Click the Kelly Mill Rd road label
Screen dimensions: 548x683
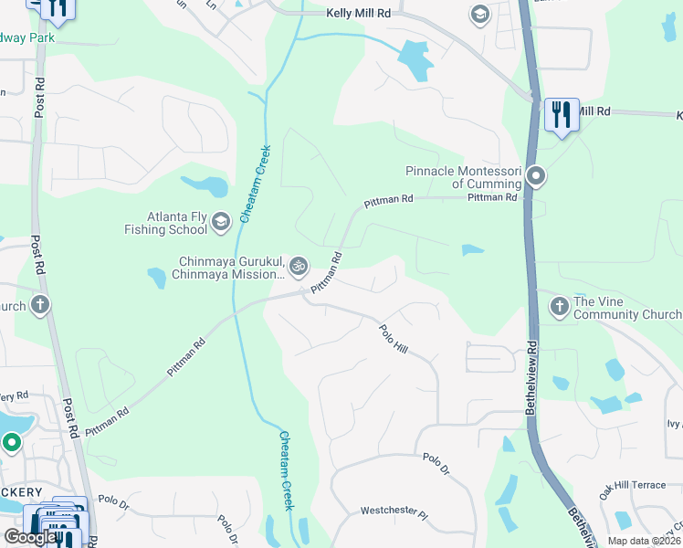point(357,14)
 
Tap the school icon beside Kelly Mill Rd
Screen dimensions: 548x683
point(479,14)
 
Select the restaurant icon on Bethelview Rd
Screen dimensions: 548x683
point(561,115)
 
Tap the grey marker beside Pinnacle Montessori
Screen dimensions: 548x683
point(537,175)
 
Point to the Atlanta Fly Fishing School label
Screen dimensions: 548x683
point(165,224)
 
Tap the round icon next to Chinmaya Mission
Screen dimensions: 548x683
point(299,267)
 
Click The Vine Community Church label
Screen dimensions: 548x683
point(626,308)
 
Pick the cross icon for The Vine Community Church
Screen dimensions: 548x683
point(559,306)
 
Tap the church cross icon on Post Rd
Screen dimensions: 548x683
point(39,305)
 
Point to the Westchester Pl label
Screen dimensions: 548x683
point(394,513)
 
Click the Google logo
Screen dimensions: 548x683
point(30,537)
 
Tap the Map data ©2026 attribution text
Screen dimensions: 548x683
point(644,541)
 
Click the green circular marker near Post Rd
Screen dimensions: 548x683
point(12,444)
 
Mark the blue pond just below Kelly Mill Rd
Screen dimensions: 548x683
point(416,61)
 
